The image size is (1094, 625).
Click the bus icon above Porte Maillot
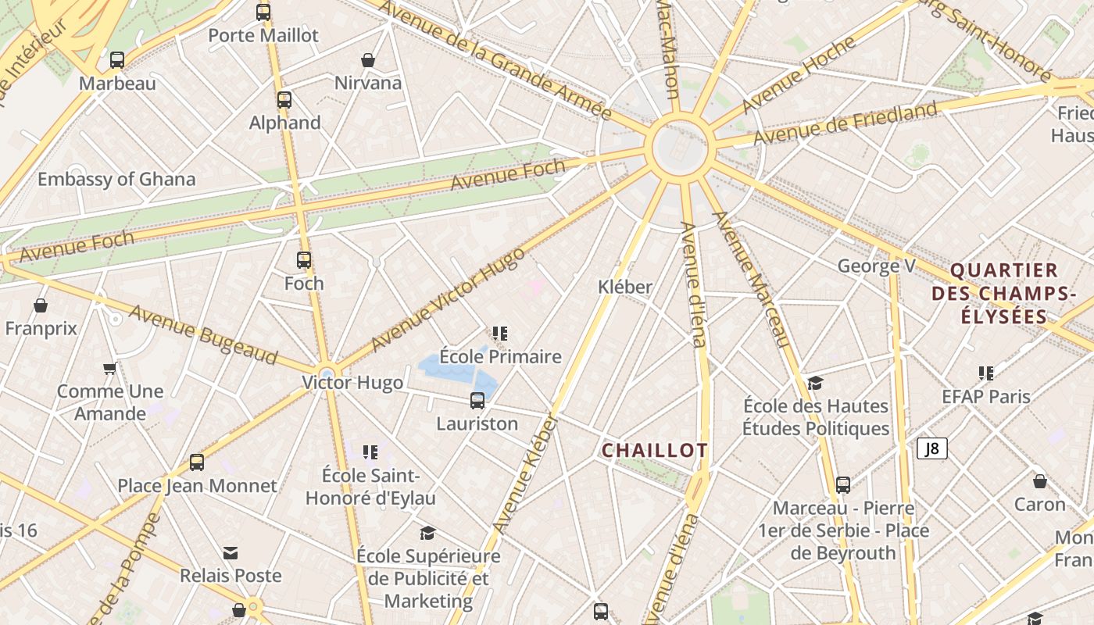click(263, 12)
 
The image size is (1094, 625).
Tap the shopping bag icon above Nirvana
click(368, 60)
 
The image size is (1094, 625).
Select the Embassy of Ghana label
click(116, 179)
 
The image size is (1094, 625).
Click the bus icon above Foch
click(304, 260)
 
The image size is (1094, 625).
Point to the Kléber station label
click(625, 287)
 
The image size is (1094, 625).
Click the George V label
click(876, 266)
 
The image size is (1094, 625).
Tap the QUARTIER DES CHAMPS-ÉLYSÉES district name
click(1003, 294)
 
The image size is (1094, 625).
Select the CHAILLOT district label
click(654, 450)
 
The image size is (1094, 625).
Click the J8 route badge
click(931, 448)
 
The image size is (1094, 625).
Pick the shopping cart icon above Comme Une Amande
click(110, 368)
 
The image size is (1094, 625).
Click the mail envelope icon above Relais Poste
click(231, 553)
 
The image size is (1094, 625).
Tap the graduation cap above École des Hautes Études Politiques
click(816, 383)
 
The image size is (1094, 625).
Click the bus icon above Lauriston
click(477, 401)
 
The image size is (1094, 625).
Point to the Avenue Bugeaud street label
click(202, 334)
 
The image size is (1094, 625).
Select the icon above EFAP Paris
click(986, 373)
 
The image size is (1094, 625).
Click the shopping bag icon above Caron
click(1039, 481)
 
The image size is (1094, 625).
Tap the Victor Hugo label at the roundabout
click(352, 383)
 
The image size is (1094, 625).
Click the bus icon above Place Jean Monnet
click(197, 462)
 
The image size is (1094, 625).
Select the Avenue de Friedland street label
click(844, 123)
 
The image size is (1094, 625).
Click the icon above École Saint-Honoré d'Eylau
click(370, 452)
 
